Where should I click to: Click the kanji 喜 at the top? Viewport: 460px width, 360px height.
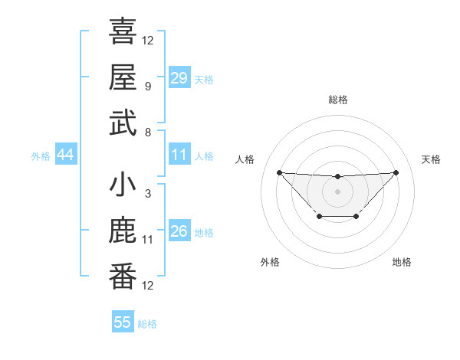[x=123, y=31]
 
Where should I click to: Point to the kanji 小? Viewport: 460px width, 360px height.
[x=123, y=185]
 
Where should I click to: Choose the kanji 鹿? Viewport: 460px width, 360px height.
[x=123, y=231]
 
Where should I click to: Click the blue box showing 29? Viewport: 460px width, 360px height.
[x=179, y=77]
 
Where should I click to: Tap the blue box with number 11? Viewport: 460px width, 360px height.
[x=179, y=155]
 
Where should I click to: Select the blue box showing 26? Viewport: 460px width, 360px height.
[x=179, y=231]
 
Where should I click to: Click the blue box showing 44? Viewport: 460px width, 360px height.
[x=65, y=155]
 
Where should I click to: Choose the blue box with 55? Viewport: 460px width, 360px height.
[x=123, y=322]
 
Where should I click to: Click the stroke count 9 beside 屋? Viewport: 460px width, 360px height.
[x=147, y=85]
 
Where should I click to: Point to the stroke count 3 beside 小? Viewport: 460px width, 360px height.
[x=147, y=194]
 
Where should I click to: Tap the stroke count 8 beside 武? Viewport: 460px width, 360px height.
[x=147, y=131]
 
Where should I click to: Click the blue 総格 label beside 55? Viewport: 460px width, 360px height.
[x=148, y=324]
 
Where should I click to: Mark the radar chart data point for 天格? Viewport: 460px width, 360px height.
[x=396, y=172]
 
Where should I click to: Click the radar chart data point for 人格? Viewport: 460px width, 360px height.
[x=279, y=172]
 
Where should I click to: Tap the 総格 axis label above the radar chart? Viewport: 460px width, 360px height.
[x=337, y=100]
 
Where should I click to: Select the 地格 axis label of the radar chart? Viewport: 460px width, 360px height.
[x=402, y=262]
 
